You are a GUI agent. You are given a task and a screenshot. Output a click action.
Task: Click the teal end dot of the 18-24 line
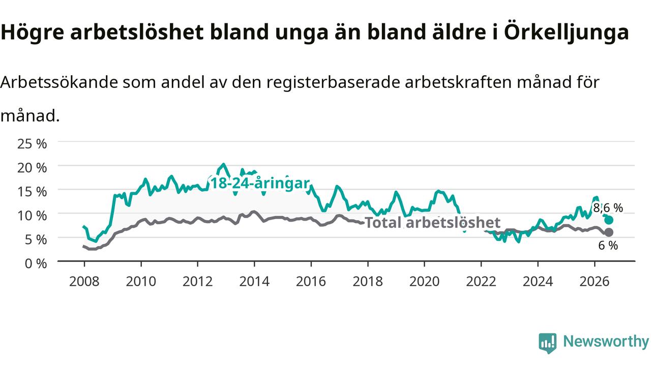click(609, 220)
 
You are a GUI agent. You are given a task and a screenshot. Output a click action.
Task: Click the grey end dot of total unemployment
click(609, 232)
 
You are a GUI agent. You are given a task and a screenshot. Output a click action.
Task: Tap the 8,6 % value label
click(608, 208)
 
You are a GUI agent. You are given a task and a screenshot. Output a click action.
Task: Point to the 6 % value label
click(608, 246)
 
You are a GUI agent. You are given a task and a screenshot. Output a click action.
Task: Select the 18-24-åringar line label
click(260, 184)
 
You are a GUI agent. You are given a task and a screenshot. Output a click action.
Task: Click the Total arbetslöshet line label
click(432, 223)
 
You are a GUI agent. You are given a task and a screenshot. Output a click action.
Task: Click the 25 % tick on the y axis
click(32, 144)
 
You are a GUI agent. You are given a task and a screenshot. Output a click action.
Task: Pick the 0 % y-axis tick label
click(36, 264)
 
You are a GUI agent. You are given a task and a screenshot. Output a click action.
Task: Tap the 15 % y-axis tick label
click(32, 192)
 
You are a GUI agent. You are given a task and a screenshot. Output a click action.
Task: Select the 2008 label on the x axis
click(84, 282)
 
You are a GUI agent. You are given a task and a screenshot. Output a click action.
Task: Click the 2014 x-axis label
click(254, 282)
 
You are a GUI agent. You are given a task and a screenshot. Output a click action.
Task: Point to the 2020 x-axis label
click(424, 282)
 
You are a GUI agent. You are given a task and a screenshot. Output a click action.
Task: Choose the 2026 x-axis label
click(595, 282)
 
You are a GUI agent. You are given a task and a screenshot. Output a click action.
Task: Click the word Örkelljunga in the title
click(567, 33)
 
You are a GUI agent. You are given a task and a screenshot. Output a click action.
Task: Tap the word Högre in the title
click(32, 33)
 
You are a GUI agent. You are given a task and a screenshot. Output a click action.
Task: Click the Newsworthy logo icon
click(548, 343)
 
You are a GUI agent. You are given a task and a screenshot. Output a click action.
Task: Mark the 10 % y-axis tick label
click(32, 216)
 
